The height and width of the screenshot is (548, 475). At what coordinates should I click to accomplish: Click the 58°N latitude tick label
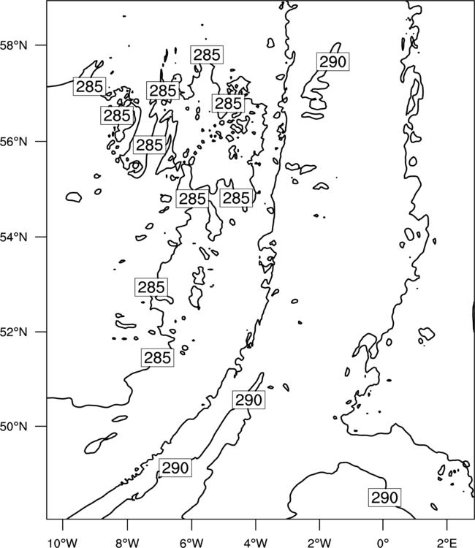pyautogui.click(x=14, y=45)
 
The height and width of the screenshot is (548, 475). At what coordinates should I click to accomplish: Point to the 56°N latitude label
pyautogui.click(x=14, y=142)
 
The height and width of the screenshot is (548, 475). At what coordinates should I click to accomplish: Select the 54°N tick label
pyautogui.click(x=14, y=237)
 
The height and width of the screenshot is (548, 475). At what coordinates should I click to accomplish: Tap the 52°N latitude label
pyautogui.click(x=14, y=332)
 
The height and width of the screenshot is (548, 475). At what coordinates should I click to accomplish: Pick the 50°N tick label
pyautogui.click(x=14, y=427)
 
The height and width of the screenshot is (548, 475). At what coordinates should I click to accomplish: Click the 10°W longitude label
pyautogui.click(x=63, y=542)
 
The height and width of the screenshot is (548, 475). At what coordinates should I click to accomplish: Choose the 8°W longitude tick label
pyautogui.click(x=127, y=542)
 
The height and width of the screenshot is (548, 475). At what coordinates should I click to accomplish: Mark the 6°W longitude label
pyautogui.click(x=191, y=542)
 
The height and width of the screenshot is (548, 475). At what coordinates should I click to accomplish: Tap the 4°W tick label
pyautogui.click(x=256, y=542)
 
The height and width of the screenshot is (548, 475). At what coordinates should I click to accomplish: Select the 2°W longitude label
pyautogui.click(x=319, y=542)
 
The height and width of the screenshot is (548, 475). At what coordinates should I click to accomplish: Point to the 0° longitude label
pyautogui.click(x=384, y=542)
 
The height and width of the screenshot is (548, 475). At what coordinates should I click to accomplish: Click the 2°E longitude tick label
pyautogui.click(x=447, y=542)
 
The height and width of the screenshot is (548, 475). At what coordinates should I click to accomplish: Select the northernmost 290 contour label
pyautogui.click(x=333, y=62)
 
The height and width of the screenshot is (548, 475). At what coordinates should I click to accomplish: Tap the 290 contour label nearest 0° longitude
pyautogui.click(x=385, y=498)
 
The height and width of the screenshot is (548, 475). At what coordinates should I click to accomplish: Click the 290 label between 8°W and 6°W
pyautogui.click(x=175, y=468)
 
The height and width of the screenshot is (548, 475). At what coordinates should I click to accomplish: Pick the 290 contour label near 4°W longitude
pyautogui.click(x=248, y=400)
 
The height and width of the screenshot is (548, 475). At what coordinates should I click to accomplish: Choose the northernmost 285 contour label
pyautogui.click(x=207, y=55)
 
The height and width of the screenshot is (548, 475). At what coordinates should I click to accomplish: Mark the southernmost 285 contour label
pyautogui.click(x=158, y=357)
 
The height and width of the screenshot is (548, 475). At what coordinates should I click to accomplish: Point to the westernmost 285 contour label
pyautogui.click(x=89, y=86)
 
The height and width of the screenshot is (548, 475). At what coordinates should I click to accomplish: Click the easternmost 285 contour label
pyautogui.click(x=236, y=198)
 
